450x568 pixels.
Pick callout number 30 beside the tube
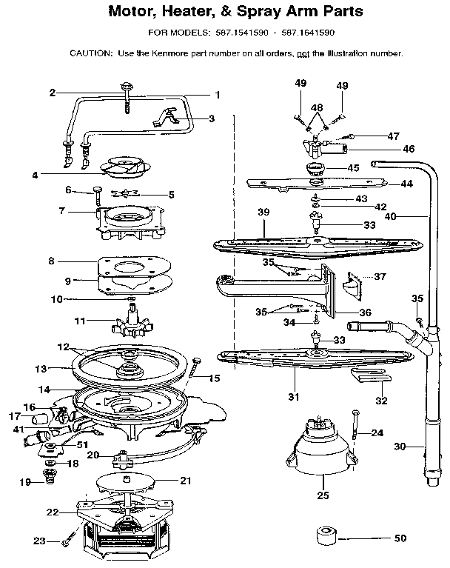(400, 447)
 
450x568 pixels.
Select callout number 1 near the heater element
(218, 95)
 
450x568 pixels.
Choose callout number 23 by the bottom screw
(40, 542)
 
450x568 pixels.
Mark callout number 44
(406, 183)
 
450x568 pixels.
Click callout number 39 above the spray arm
(263, 212)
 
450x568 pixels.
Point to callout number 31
(294, 397)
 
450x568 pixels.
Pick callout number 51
(83, 444)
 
